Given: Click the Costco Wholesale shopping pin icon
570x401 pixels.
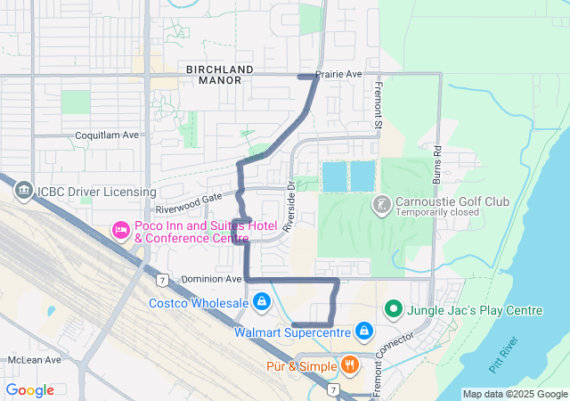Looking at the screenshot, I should [x=261, y=304].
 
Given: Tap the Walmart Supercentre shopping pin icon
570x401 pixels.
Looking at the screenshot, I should [x=363, y=332].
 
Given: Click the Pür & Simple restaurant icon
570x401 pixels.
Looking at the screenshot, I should [x=349, y=364].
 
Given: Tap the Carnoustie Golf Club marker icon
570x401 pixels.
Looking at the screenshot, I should [x=381, y=204].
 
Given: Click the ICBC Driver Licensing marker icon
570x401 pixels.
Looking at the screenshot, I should [x=22, y=191].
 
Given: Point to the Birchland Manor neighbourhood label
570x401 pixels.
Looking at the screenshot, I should [x=220, y=75].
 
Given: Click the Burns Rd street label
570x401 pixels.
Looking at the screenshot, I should [x=437, y=164].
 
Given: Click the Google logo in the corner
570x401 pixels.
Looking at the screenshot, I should [x=30, y=389].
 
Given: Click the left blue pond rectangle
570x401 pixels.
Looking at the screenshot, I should [x=334, y=176].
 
